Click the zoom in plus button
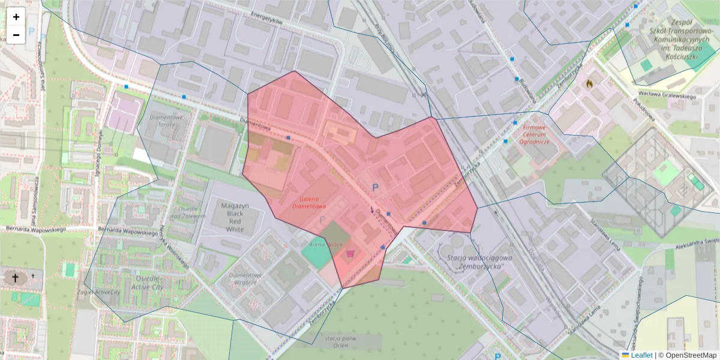16,17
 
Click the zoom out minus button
16,35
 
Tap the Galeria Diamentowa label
308,202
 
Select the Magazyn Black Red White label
235,217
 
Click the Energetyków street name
266,20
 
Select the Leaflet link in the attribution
641,355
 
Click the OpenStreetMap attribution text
687,355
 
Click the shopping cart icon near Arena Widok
350,254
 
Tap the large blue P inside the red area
376,188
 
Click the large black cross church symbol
14,278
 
